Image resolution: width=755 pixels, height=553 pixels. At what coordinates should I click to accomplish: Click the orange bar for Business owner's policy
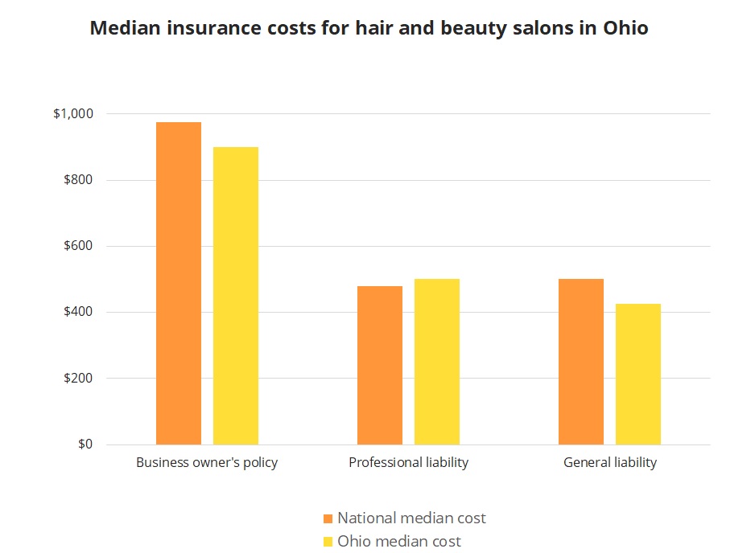tap(179, 283)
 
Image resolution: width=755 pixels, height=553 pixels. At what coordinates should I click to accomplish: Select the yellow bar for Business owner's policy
tap(236, 296)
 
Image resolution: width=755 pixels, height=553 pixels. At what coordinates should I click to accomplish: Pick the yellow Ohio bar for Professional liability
tap(437, 362)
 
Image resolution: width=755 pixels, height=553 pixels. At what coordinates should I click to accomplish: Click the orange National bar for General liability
tap(581, 362)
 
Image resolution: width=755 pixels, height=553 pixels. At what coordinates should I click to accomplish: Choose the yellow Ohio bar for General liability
tap(638, 374)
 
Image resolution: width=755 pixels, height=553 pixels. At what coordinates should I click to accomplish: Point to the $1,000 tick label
tap(73, 114)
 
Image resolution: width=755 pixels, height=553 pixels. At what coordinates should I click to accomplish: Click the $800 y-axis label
tap(78, 180)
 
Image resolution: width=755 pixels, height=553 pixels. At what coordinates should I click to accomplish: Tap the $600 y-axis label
tap(78, 246)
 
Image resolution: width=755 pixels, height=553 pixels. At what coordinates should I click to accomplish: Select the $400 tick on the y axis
tap(78, 312)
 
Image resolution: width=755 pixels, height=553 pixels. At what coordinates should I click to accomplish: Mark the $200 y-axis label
tap(78, 378)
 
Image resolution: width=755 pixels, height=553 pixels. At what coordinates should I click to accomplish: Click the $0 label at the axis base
tap(85, 444)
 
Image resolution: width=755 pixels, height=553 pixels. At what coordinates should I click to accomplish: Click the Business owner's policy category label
tap(207, 463)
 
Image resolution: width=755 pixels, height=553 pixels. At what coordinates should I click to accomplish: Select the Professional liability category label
tap(408, 463)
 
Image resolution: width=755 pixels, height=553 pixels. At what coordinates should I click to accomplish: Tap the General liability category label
tap(609, 463)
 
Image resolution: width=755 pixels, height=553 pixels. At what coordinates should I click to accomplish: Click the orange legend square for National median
tap(328, 518)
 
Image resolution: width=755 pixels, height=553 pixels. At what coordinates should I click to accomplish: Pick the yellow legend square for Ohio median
tap(328, 542)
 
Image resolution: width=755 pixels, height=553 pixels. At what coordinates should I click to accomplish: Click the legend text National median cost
tap(411, 518)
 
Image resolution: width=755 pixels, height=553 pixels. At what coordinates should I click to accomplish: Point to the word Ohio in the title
tap(625, 28)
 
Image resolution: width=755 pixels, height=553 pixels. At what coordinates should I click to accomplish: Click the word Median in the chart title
tap(120, 28)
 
